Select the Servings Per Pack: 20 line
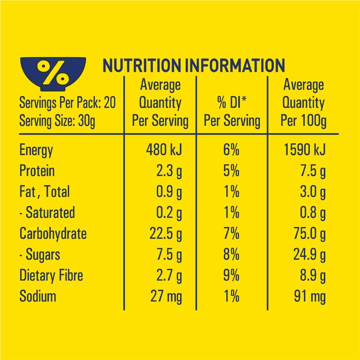point(67,103)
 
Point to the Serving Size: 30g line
point(57,121)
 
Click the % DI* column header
point(232,112)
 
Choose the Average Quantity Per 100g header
point(303,103)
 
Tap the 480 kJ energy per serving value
point(164,150)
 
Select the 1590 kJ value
point(304,150)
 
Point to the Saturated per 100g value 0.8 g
point(313,214)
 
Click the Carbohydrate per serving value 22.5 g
point(166,235)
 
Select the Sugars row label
point(40,255)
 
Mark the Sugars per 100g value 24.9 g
point(310,255)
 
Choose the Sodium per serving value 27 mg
point(166,297)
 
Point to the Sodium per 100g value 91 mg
point(310,297)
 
